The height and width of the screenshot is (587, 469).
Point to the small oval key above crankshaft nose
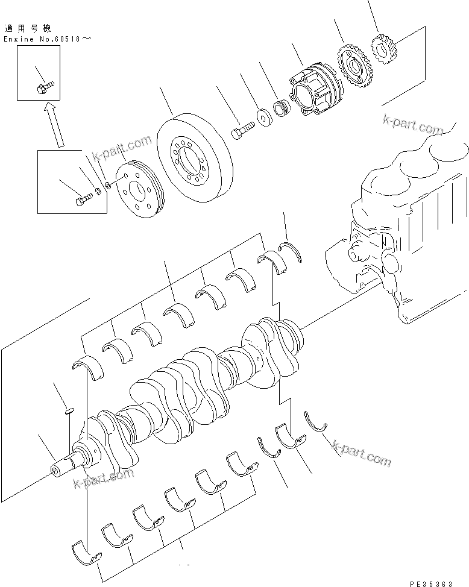pos(69,412)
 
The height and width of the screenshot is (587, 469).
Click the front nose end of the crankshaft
pos(61,469)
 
